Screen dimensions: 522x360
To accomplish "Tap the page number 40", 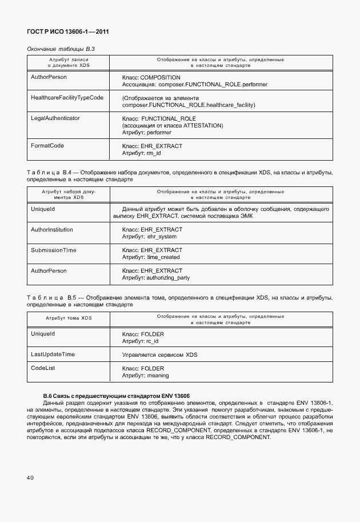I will coord(29,476).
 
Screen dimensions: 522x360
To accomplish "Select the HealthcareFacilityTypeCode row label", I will coord(67,98).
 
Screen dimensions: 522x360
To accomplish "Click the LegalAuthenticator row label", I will coord(55,118).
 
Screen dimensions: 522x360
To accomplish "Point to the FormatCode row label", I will coord(47,146).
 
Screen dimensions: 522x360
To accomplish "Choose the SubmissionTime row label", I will coord(53,250).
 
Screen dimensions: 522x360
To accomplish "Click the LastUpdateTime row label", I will coord(53,354).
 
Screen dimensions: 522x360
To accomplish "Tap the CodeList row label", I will coord(43,369).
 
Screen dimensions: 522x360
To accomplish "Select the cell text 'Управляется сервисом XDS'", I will coord(159,355).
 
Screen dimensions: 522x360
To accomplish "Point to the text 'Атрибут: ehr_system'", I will coord(149,237).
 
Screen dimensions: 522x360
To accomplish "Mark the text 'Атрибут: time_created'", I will coord(151,258).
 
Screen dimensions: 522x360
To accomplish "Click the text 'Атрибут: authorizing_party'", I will coord(156,278).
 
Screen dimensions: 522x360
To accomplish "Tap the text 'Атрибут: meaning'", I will coord(146,376).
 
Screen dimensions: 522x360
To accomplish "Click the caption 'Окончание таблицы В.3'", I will coord(61,49).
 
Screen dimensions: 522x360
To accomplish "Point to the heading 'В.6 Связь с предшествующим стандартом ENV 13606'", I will coord(117,396).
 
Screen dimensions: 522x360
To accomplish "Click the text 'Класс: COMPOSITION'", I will coord(151,77).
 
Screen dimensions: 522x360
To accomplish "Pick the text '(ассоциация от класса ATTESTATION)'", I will coord(173,125).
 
